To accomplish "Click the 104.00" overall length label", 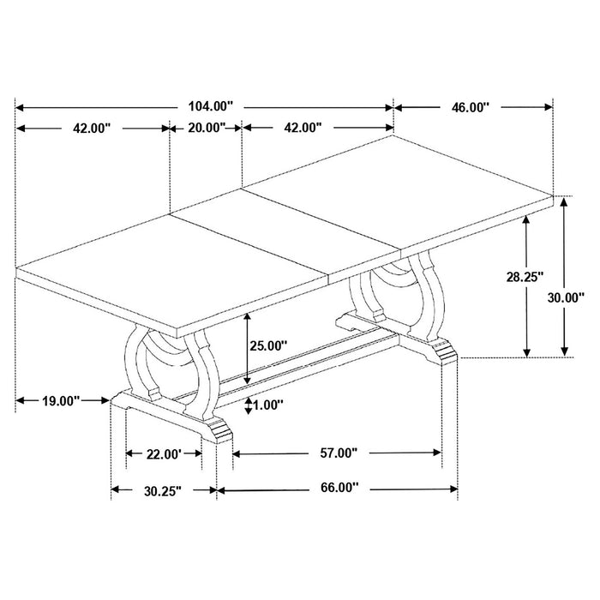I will pos(209,107).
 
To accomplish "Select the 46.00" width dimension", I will pos(470,107).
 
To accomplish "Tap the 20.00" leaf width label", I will pos(206,128).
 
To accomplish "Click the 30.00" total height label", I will pos(567,298).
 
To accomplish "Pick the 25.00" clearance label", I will pos(267,345).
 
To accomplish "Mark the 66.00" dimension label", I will pos(335,489).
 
